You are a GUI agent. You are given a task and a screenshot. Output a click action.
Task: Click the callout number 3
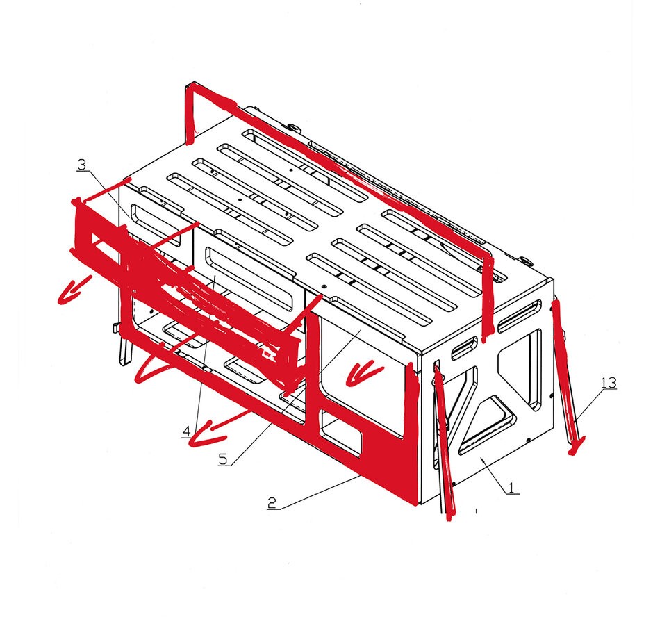[81, 165]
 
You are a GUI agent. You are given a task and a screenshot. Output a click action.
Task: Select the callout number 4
[187, 431]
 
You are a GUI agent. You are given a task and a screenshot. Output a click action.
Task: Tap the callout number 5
[223, 459]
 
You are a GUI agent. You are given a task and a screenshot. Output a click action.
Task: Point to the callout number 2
[272, 503]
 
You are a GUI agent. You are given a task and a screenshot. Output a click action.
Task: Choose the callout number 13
[609, 383]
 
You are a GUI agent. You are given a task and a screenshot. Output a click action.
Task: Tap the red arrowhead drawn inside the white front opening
[363, 373]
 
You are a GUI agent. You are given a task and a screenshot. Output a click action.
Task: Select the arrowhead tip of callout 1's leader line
[481, 457]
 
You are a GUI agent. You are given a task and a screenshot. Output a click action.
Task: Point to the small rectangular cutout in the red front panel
[340, 434]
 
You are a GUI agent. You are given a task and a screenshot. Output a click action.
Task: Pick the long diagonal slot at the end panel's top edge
[520, 316]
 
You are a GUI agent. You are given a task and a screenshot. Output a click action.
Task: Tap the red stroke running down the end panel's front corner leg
[444, 442]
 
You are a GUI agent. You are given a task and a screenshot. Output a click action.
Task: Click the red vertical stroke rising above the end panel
[487, 296]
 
